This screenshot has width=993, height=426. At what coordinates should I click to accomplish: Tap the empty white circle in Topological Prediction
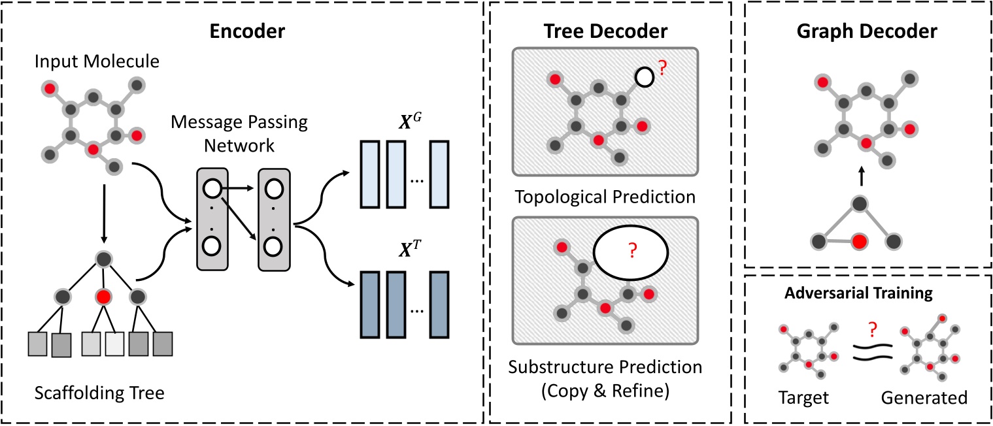(645, 78)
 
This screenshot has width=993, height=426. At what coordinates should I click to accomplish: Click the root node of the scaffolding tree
(103, 260)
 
